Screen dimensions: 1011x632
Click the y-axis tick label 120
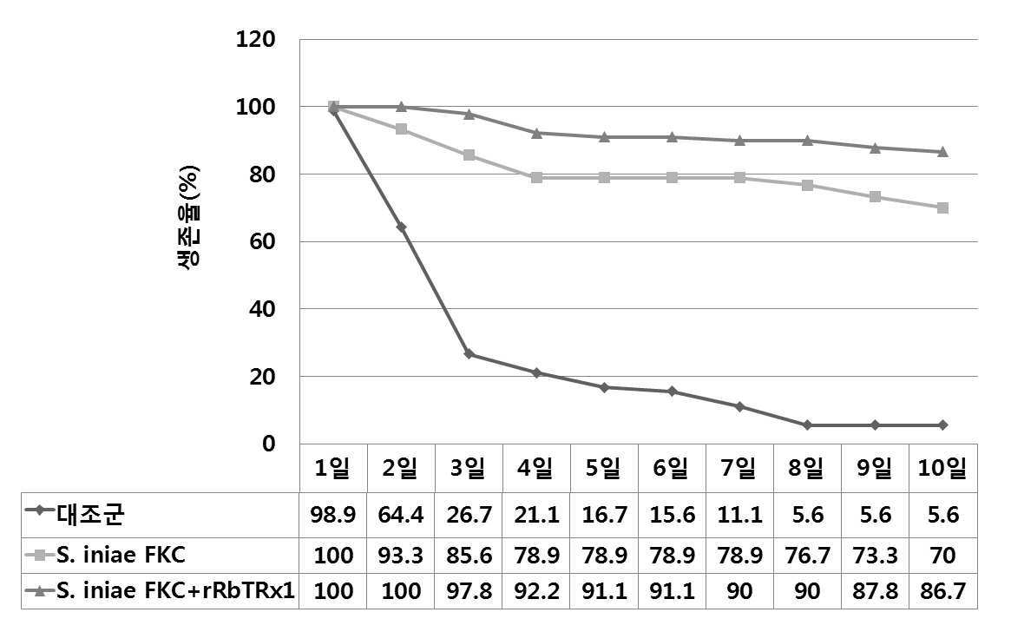coord(256,39)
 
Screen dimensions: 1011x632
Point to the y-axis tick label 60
coord(262,242)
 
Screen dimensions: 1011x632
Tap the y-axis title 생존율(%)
coord(188,218)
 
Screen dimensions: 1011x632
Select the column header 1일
coord(332,468)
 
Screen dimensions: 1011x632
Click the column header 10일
coord(942,468)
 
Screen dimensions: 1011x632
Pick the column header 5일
coord(603,468)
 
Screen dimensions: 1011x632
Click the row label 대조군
coord(91,514)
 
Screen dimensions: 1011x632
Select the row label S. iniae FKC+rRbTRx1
coord(175,590)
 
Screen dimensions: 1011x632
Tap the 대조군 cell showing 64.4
coord(401,515)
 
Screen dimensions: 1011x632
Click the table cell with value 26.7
coord(469,515)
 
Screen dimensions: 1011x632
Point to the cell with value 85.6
coord(469,556)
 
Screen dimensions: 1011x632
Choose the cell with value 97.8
coord(469,590)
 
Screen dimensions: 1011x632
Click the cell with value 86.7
coord(942,590)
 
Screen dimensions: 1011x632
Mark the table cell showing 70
coord(942,556)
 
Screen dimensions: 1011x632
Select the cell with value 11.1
coord(739,515)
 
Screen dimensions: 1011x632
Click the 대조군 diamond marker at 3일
coord(469,354)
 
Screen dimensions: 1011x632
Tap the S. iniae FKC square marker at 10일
coord(942,207)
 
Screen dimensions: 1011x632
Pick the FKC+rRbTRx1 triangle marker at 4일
coord(536,133)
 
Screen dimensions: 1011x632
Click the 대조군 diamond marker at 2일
coord(401,227)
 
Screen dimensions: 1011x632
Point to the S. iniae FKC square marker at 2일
coord(401,129)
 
